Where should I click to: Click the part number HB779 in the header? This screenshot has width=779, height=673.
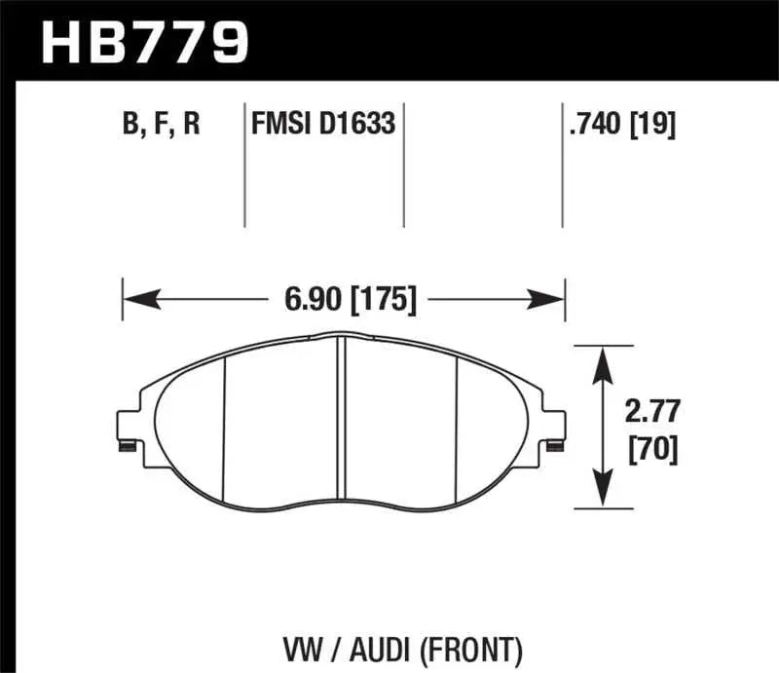[146, 42]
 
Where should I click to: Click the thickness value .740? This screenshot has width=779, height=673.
[595, 125]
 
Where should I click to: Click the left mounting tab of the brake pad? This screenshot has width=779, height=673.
[126, 429]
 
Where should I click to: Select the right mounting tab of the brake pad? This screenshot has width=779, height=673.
[554, 429]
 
